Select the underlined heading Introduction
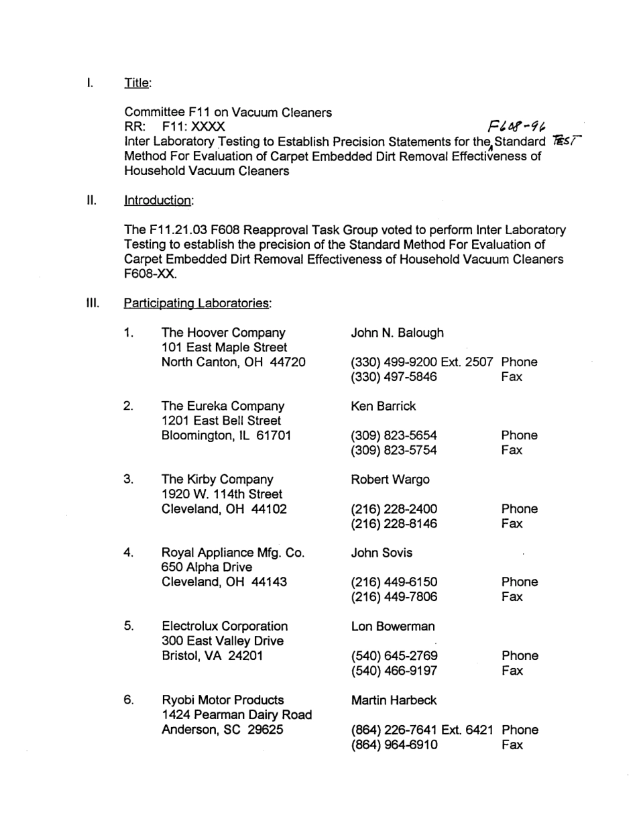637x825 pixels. (159, 201)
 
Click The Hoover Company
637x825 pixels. (223, 333)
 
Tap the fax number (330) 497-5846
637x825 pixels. (394, 377)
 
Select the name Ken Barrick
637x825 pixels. (383, 406)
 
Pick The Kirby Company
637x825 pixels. (218, 480)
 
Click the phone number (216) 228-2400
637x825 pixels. (394, 509)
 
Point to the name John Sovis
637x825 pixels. (382, 553)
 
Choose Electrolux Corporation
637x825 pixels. (225, 626)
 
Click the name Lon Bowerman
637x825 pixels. (392, 626)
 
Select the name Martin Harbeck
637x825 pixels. (394, 700)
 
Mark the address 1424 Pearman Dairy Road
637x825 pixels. (237, 715)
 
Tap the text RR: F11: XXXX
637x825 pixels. (175, 127)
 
